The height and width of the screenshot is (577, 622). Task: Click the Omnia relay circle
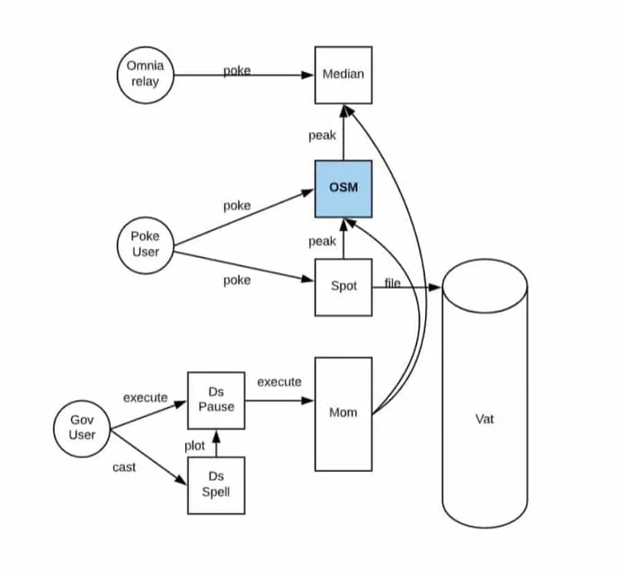(145, 74)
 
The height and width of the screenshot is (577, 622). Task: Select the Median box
(343, 74)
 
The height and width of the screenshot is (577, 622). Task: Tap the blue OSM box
(343, 188)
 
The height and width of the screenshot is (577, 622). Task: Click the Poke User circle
(145, 244)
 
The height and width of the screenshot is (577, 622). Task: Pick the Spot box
(343, 286)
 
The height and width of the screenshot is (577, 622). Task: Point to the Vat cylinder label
(484, 419)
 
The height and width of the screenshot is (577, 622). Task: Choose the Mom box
(343, 413)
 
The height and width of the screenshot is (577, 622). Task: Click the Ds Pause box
(216, 400)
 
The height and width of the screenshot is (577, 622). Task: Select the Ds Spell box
(216, 485)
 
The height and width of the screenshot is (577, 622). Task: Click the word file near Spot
(393, 283)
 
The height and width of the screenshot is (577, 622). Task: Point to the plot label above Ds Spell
(195, 446)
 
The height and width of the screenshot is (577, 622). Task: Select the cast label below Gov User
(124, 467)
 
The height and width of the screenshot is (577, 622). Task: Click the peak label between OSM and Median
(322, 136)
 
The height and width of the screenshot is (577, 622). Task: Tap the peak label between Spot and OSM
(322, 241)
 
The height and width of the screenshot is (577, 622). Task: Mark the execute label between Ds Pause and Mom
(279, 382)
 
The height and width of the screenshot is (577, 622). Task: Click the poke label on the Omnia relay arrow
(237, 71)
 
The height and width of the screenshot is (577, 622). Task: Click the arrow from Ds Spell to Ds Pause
(216, 443)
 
